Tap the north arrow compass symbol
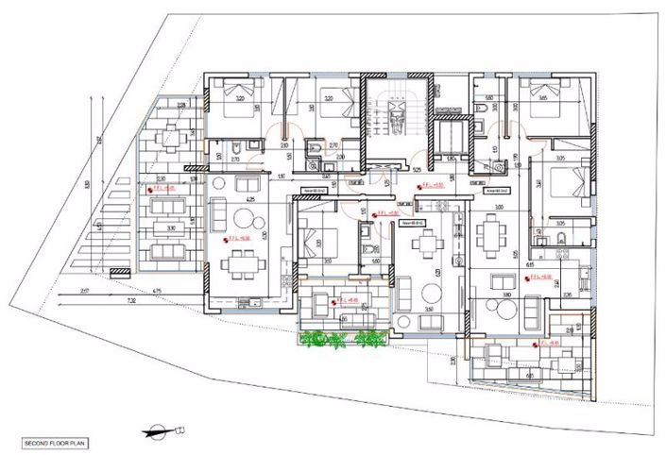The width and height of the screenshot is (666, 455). point(162,430)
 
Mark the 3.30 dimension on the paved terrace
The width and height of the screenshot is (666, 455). point(169,228)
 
